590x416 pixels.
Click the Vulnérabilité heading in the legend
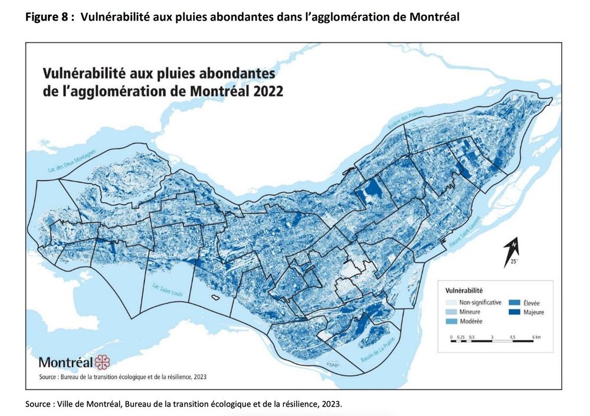pos(464,290)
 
